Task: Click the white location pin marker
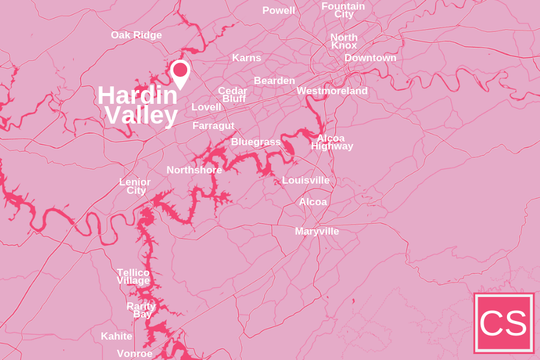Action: click(x=180, y=73)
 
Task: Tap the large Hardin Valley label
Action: click(x=139, y=105)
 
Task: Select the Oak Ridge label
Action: click(x=136, y=35)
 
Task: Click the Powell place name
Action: click(x=278, y=11)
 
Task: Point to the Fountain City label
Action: click(x=343, y=10)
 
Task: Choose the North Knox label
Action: click(x=344, y=41)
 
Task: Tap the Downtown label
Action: click(x=370, y=58)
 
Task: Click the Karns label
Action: click(x=247, y=58)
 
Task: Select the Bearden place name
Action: click(x=274, y=81)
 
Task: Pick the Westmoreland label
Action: click(x=332, y=91)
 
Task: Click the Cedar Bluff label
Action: click(x=233, y=95)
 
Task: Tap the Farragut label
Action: click(x=213, y=126)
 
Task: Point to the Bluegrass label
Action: click(x=256, y=142)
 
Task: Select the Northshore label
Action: click(x=194, y=170)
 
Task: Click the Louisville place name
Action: click(x=305, y=181)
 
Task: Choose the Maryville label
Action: click(x=317, y=232)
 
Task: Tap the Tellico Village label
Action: click(x=133, y=277)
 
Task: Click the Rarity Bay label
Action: click(x=141, y=310)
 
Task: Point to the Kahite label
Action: click(x=116, y=337)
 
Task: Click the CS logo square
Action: click(x=503, y=323)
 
